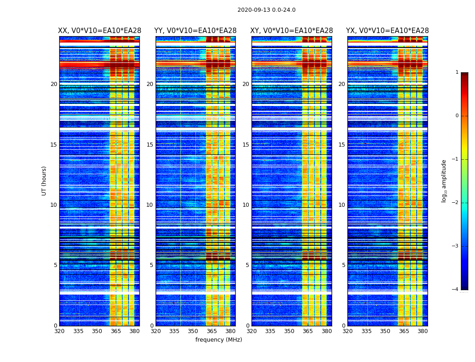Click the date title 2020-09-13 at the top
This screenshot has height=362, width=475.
pos(266,10)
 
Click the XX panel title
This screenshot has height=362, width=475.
pos(100,31)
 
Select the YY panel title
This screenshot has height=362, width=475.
pos(195,31)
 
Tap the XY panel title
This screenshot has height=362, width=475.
pos(291,31)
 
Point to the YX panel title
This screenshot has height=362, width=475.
pos(387,31)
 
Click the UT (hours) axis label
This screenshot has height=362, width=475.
pos(44,181)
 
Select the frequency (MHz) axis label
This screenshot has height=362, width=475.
pos(218,340)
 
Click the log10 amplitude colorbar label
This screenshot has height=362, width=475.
pos(444,181)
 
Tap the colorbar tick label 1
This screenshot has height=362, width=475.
pos(457,72)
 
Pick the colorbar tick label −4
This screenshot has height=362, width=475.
pos(456,290)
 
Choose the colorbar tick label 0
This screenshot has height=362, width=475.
pos(457,116)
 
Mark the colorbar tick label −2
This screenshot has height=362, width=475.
pos(456,203)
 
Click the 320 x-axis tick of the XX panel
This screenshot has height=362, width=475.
pos(59,331)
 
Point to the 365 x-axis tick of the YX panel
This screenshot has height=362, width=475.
pos(404,331)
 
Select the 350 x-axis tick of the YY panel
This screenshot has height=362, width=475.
pos(193,331)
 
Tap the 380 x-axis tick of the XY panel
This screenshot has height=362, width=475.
pos(327,331)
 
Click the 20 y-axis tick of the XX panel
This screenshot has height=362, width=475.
pos(54,84)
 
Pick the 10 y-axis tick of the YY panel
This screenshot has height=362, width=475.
pos(150,205)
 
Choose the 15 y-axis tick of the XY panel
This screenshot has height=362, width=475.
pos(246,145)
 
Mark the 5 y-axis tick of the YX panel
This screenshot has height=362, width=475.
pos(343,265)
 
